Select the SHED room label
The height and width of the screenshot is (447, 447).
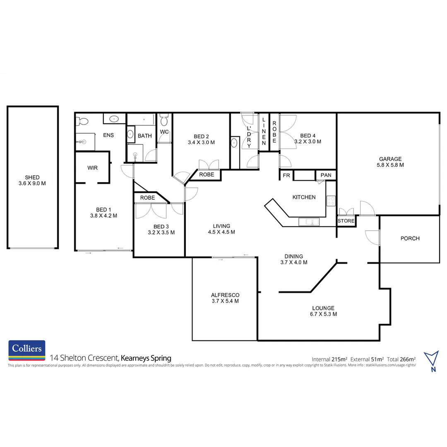point(32,178)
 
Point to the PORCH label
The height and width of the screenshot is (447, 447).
point(410,238)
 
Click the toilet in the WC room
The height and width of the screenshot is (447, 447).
point(164,120)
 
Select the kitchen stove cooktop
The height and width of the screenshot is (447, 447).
point(331,201)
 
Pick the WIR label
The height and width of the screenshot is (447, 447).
point(92,168)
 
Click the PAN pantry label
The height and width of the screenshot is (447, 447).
point(326,175)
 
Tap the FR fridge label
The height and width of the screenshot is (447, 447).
point(286,175)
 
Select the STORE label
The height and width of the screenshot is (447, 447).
point(346,221)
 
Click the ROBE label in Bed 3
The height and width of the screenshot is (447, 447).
point(147,198)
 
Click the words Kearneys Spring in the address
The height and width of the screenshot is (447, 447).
point(146,358)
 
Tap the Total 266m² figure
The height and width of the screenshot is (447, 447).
point(401,359)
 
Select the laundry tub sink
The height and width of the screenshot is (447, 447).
point(234,143)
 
